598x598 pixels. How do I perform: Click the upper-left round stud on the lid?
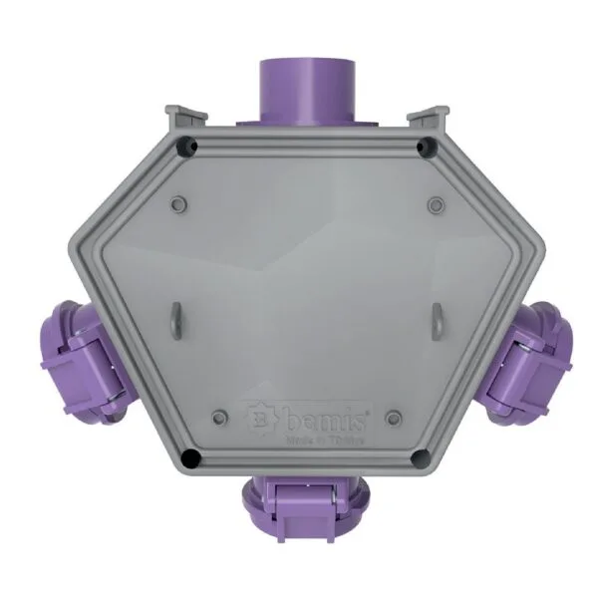point(177,203)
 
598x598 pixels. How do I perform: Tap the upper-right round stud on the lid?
point(435,204)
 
